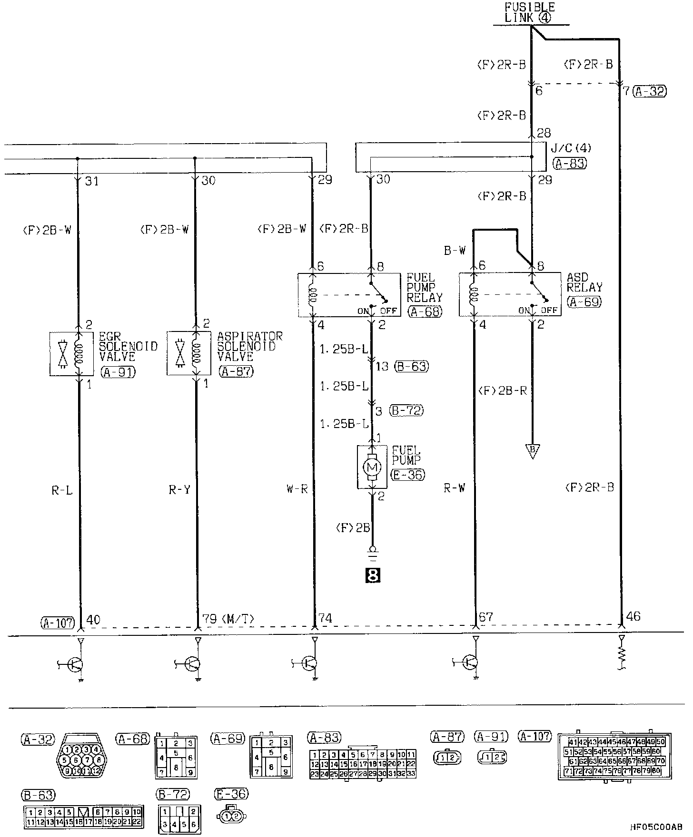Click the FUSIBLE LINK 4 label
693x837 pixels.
(529, 13)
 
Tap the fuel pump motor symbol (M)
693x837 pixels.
(372, 467)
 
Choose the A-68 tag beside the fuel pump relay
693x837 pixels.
(425, 311)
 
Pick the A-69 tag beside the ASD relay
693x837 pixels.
(584, 302)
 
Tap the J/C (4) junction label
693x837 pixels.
(571, 148)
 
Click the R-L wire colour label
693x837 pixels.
(62, 489)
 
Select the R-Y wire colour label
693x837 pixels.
(179, 489)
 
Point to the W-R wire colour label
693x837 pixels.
(297, 489)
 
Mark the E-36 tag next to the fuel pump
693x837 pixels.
(407, 474)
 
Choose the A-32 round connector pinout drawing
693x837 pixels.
(80, 759)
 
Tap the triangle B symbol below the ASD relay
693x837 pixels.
(533, 450)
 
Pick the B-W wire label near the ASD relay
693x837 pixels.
(455, 250)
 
